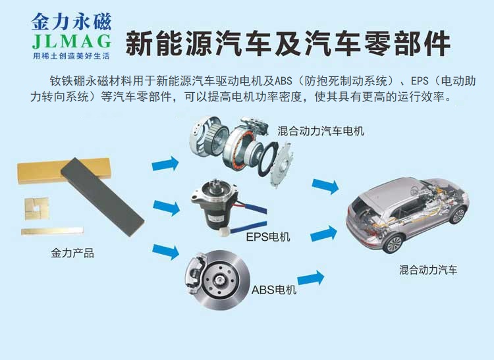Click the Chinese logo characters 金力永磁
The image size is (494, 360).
72,20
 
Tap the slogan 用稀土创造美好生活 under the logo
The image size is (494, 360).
72,57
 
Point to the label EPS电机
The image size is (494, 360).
267,237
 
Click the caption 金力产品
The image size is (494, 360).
72,252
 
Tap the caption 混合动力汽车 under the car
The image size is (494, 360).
428,270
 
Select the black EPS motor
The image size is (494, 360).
211,205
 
